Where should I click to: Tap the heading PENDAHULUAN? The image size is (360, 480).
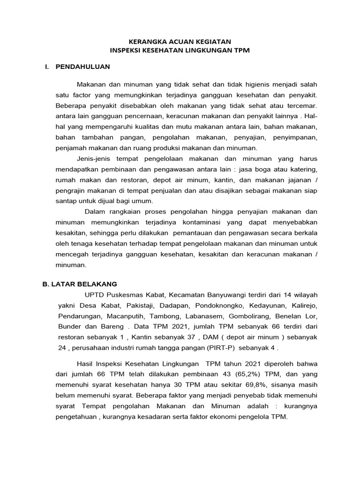[x=82, y=67]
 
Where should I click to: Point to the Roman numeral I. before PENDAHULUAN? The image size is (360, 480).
[x=47, y=67]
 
